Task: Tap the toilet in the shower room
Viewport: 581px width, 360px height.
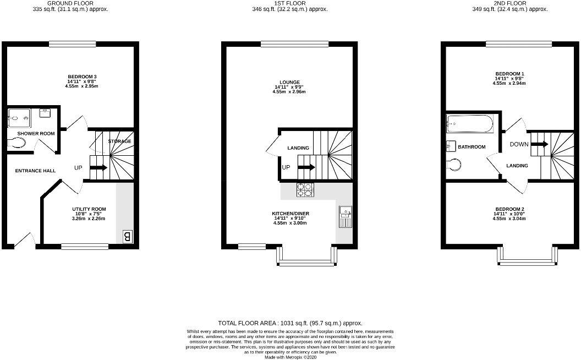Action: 18,143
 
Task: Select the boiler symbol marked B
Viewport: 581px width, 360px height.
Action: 127,237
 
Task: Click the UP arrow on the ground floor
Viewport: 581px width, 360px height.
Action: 97,167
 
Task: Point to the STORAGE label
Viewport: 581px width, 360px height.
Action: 119,141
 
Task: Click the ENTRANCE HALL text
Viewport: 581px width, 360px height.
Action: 35,171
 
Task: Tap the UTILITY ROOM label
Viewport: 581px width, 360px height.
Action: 89,209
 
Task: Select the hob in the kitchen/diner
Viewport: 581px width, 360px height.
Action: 305,190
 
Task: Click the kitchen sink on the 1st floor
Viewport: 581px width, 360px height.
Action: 344,216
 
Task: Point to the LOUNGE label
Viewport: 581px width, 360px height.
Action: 289,83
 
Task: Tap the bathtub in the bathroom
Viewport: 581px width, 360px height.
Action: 470,124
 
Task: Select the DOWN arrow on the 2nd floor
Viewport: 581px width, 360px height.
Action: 540,145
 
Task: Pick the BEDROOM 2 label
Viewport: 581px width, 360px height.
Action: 509,209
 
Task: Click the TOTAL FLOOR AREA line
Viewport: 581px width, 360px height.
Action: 290,323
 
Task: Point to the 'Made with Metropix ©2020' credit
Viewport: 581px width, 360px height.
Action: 290,357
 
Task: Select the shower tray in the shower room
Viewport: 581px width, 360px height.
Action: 20,117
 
